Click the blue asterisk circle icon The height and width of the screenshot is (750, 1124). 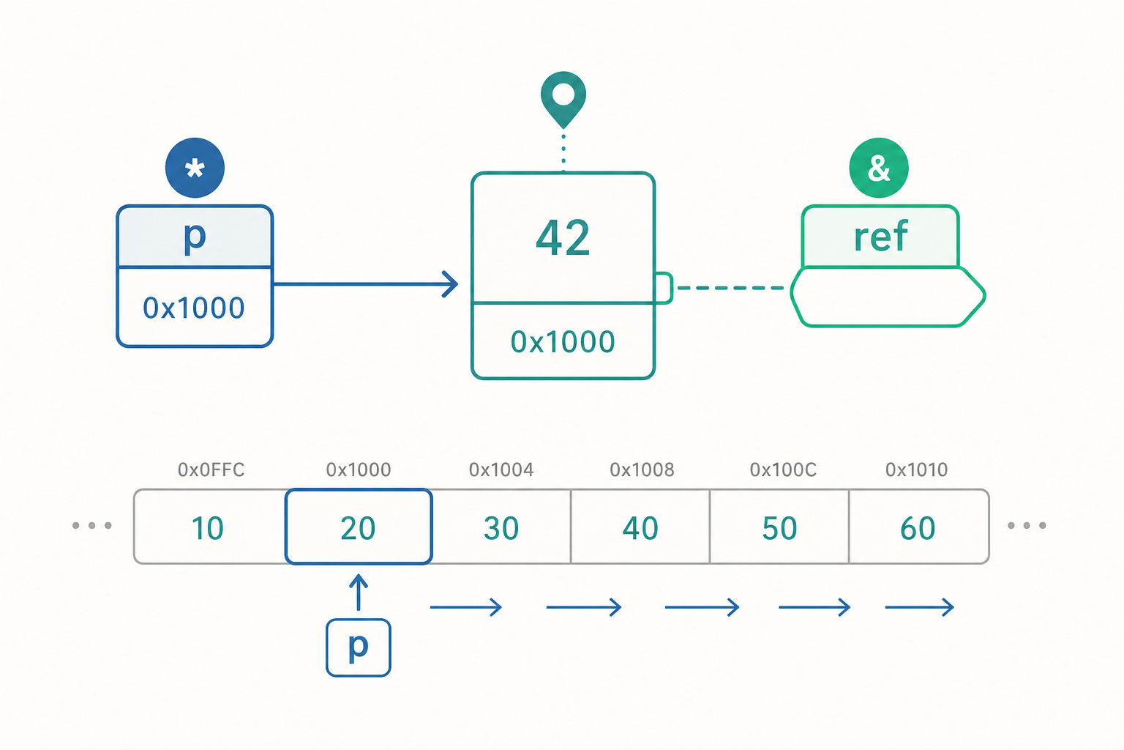pyautogui.click(x=195, y=168)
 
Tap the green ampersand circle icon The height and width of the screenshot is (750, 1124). pyautogui.click(x=879, y=168)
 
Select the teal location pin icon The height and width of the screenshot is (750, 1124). pyautogui.click(x=563, y=100)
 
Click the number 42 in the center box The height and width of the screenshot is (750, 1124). pyautogui.click(x=563, y=237)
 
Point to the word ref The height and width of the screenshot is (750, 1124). pyautogui.click(x=880, y=236)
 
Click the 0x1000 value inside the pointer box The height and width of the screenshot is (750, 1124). pyautogui.click(x=194, y=308)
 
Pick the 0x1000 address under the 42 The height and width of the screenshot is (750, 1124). pyautogui.click(x=563, y=342)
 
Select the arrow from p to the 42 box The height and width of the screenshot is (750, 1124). pyautogui.click(x=365, y=284)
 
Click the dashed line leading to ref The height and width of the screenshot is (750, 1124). pyautogui.click(x=730, y=288)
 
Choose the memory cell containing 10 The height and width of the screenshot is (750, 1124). pyautogui.click(x=210, y=527)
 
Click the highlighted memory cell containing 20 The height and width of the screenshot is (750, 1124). pyautogui.click(x=359, y=527)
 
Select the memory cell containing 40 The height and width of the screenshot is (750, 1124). pyautogui.click(x=640, y=527)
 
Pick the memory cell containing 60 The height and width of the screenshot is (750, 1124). pyautogui.click(x=919, y=527)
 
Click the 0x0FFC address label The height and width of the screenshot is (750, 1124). pyautogui.click(x=211, y=469)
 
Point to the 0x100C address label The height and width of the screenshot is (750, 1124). pyautogui.click(x=783, y=469)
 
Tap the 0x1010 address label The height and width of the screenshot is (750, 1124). pyautogui.click(x=917, y=469)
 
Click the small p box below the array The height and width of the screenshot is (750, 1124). pyautogui.click(x=359, y=647)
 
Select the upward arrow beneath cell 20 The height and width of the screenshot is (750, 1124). pyautogui.click(x=359, y=593)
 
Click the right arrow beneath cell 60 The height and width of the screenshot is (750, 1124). pyautogui.click(x=919, y=607)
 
